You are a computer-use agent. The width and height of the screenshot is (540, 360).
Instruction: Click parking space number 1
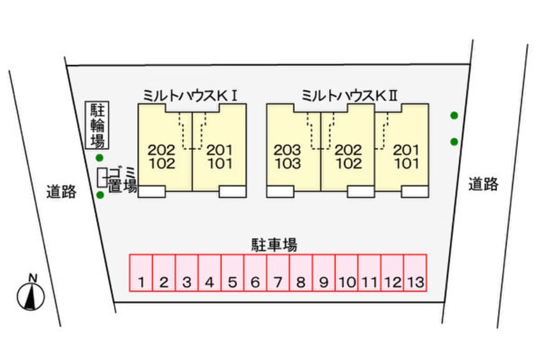click(x=141, y=273)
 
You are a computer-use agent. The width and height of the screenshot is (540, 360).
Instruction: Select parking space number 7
click(x=278, y=273)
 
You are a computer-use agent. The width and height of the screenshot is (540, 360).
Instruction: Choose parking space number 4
click(x=209, y=273)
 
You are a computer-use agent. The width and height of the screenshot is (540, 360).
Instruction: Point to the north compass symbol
click(x=30, y=293)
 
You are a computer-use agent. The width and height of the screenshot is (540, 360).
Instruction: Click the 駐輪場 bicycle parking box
click(x=97, y=125)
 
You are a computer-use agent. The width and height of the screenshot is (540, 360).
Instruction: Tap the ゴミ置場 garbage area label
click(x=121, y=178)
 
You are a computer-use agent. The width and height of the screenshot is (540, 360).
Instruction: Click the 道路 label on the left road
click(x=61, y=191)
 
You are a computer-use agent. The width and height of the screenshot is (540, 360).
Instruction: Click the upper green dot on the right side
click(x=454, y=116)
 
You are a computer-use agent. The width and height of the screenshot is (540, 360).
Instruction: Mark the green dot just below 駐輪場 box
click(x=99, y=158)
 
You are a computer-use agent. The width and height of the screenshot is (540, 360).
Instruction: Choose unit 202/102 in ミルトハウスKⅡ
click(x=349, y=156)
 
